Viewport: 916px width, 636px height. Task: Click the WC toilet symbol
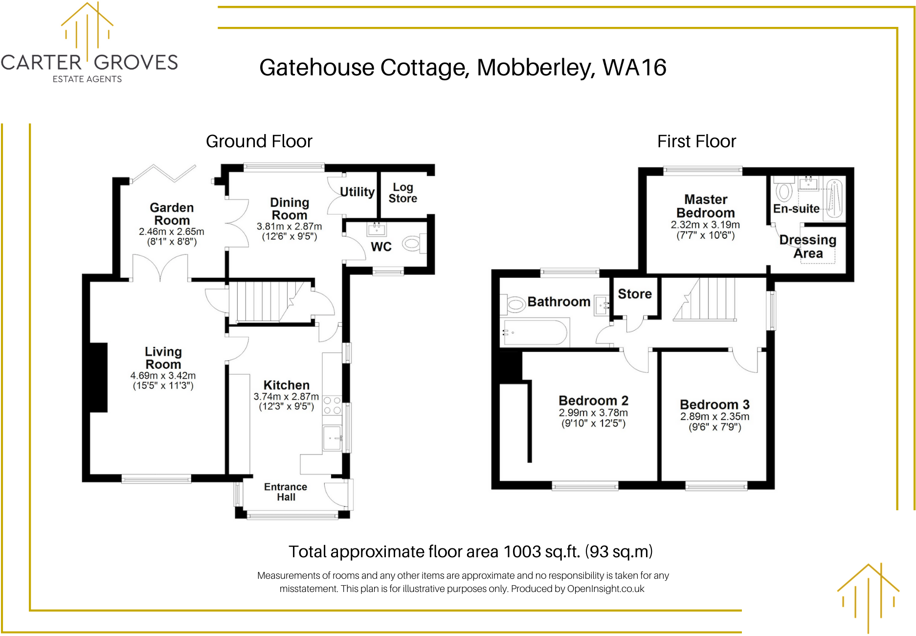tap(412, 244)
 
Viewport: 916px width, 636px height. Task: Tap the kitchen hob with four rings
tap(332, 406)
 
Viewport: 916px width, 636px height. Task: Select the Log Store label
tap(403, 193)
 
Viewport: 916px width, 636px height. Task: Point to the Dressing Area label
tap(807, 247)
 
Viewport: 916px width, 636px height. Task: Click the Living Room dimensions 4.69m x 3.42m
tap(163, 376)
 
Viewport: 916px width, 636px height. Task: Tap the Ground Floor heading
tap(259, 141)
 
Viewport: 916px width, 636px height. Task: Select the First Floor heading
tap(696, 141)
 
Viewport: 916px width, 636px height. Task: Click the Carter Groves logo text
tap(89, 63)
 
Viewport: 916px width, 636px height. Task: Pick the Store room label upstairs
tap(634, 294)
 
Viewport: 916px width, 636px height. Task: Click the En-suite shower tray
tap(834, 200)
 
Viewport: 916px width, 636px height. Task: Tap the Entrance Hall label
tap(286, 492)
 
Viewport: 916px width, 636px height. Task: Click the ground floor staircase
tap(264, 301)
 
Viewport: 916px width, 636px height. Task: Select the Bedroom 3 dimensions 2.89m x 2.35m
tap(715, 416)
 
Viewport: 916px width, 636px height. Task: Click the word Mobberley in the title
tap(536, 68)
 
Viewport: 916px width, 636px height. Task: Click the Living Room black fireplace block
tap(99, 377)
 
